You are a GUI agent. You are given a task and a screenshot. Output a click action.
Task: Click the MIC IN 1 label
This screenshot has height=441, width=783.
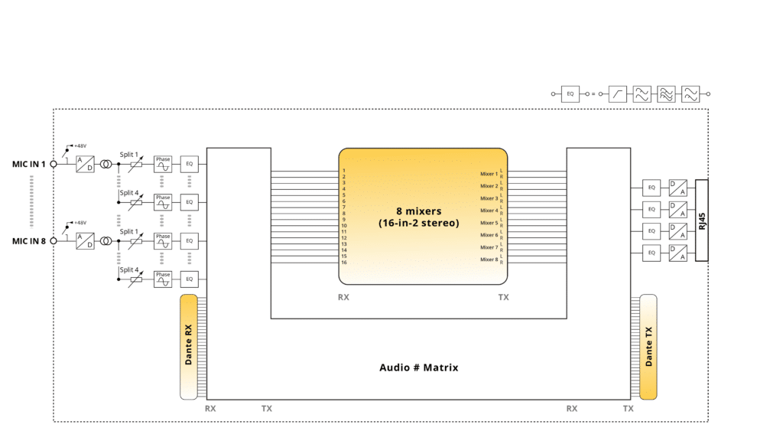(x=29, y=164)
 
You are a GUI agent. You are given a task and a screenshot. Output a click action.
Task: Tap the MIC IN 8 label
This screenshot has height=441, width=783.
(x=29, y=241)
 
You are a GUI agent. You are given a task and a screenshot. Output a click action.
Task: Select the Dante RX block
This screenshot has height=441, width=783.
(x=189, y=346)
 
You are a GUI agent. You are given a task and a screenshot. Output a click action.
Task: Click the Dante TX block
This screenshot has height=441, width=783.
(x=648, y=347)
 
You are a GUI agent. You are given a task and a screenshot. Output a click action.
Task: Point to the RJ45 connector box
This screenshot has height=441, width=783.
(x=702, y=220)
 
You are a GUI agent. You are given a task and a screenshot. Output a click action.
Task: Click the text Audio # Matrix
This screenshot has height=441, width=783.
(x=418, y=367)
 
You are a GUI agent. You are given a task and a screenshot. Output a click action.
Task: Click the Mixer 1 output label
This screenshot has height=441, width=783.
(x=489, y=174)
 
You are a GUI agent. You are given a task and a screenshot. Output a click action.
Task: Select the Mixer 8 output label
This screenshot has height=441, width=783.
(x=489, y=260)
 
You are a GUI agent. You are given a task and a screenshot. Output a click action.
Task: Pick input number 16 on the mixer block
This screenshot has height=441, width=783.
(x=345, y=263)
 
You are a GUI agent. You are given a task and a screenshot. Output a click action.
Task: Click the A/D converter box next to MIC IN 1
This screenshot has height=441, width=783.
(x=85, y=164)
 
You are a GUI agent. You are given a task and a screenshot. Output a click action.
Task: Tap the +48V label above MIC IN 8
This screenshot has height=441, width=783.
(x=80, y=222)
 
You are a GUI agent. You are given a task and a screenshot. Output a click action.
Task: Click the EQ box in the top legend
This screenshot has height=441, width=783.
(x=570, y=94)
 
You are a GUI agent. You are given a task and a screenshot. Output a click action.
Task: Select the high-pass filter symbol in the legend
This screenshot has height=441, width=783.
(x=618, y=94)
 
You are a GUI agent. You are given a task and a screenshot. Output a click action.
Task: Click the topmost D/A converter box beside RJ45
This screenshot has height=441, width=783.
(x=677, y=187)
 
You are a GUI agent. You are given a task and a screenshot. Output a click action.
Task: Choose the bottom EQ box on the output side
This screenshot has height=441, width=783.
(x=651, y=253)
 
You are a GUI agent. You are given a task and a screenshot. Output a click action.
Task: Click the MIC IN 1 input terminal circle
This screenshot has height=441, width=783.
(x=54, y=164)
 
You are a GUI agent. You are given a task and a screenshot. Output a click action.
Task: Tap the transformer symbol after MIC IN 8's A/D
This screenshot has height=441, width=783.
(x=106, y=241)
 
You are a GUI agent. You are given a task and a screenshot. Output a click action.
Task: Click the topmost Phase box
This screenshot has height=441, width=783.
(x=163, y=164)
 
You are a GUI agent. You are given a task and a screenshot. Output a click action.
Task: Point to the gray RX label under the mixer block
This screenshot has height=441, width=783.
(x=343, y=297)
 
